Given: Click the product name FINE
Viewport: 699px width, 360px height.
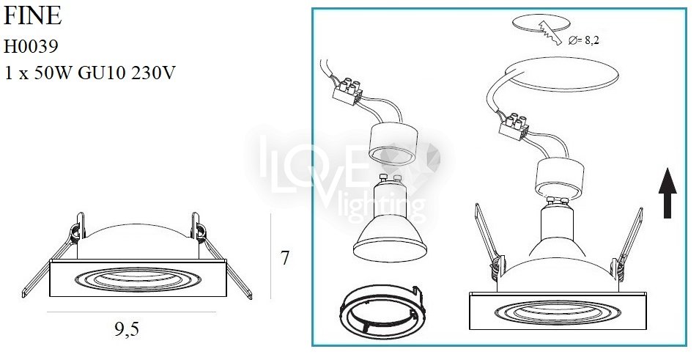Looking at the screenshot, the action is click(x=32, y=15).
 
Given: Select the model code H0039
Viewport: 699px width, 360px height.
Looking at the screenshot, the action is click(x=32, y=46).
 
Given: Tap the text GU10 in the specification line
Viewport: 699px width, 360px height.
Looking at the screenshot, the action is click(x=101, y=73).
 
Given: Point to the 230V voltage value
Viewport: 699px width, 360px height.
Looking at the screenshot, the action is click(x=153, y=73).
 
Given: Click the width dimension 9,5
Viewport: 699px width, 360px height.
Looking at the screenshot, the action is click(x=127, y=330).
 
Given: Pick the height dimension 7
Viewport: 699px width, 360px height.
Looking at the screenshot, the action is click(x=285, y=258).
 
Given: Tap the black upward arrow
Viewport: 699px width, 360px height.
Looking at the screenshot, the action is click(x=667, y=193).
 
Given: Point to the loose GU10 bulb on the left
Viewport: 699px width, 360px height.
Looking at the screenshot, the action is click(x=387, y=218).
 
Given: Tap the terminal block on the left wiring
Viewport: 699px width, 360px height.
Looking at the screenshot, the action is click(x=348, y=92).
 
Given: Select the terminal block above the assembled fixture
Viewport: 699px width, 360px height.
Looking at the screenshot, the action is click(x=514, y=125).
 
